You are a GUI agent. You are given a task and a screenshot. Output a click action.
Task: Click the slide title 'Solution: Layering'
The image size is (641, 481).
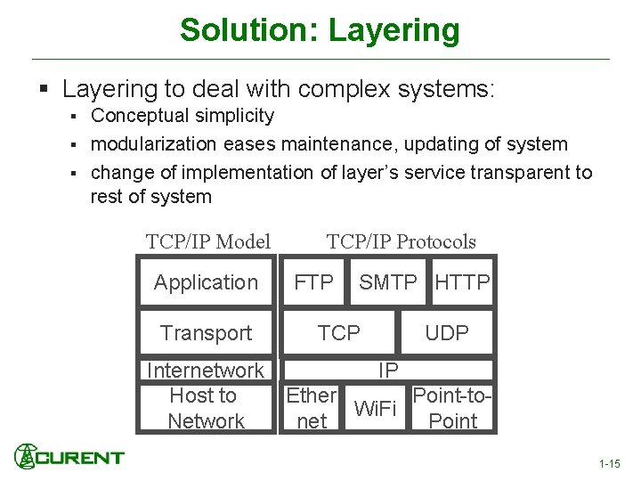pyautogui.click(x=320, y=30)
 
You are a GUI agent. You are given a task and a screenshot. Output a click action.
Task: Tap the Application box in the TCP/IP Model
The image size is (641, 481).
pyautogui.click(x=206, y=282)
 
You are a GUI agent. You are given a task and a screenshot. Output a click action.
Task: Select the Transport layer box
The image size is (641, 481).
pyautogui.click(x=206, y=333)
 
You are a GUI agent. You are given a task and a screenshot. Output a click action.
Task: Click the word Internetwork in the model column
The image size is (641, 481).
pyautogui.click(x=206, y=371)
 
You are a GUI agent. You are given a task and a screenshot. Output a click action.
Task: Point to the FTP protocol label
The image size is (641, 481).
pyautogui.click(x=314, y=282)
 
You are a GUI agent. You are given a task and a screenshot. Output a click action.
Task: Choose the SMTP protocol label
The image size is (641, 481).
pyautogui.click(x=387, y=282)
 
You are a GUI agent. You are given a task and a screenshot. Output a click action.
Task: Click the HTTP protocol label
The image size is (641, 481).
pyautogui.click(x=462, y=282)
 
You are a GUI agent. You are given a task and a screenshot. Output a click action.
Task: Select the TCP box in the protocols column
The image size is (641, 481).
pyautogui.click(x=339, y=333)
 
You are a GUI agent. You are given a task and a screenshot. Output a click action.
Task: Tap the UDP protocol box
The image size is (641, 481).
pyautogui.click(x=447, y=333)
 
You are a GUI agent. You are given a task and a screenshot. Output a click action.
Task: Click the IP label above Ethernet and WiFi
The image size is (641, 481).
pyautogui.click(x=388, y=370)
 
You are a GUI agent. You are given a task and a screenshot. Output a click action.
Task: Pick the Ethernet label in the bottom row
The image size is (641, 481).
pyautogui.click(x=311, y=408)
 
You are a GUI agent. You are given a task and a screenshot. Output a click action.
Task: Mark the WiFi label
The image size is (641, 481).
pyautogui.click(x=375, y=409)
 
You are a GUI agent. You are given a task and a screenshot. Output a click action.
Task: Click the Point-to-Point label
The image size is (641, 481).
pyautogui.click(x=452, y=408)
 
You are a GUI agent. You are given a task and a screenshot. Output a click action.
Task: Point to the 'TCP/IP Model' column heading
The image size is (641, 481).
pyautogui.click(x=208, y=241)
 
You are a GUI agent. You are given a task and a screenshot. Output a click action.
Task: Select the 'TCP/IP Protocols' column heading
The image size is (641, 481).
pyautogui.click(x=401, y=241)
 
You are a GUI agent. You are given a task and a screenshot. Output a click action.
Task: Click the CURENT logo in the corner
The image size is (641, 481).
pyautogui.click(x=69, y=457)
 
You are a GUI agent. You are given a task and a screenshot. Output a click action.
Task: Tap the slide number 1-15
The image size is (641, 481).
pyautogui.click(x=610, y=464)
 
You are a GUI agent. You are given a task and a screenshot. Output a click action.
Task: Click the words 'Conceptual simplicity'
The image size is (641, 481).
pyautogui.click(x=183, y=116)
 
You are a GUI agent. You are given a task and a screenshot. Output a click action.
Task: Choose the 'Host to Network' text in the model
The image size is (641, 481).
pyautogui.click(x=205, y=409)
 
